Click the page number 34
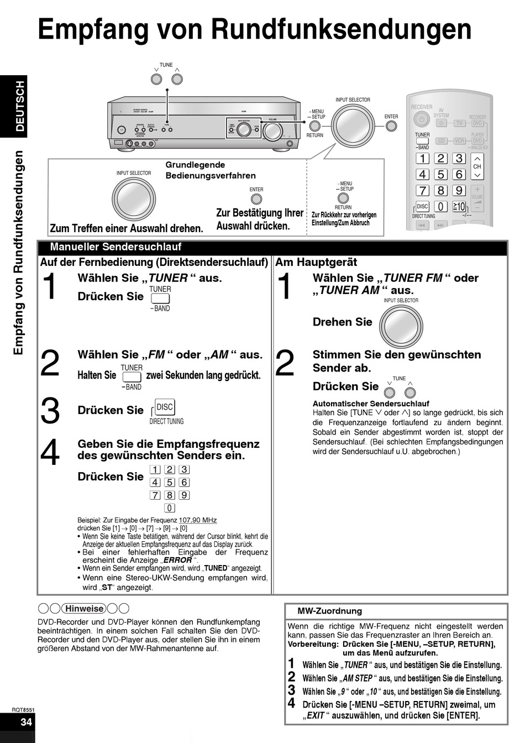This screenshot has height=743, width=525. (x=26, y=722)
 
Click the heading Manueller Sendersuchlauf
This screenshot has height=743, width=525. (x=116, y=247)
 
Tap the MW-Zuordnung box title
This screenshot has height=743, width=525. (x=329, y=611)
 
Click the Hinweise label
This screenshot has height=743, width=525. (x=85, y=609)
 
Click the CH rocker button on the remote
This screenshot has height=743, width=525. (x=477, y=166)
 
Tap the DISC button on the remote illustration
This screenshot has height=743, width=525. (x=423, y=207)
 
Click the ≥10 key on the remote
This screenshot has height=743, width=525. (x=459, y=207)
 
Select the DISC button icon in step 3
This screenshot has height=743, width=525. (x=165, y=407)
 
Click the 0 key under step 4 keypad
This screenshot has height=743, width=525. (x=170, y=508)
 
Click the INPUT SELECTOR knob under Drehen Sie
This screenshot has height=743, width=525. (x=401, y=326)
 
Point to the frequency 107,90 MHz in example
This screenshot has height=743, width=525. (x=198, y=520)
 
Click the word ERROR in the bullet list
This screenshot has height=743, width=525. (x=177, y=560)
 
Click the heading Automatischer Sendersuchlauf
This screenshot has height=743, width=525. (x=371, y=404)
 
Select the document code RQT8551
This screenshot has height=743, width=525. (x=23, y=709)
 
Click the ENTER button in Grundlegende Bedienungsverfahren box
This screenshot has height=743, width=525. (x=256, y=198)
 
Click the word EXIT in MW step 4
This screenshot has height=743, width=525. (x=316, y=715)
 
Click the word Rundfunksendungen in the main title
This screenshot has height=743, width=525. (x=342, y=29)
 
